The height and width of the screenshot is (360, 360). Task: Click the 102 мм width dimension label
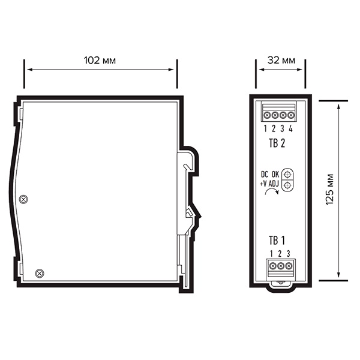click(x=100, y=61)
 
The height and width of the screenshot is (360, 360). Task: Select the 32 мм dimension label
click(x=281, y=61)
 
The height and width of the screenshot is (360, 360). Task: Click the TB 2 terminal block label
click(x=277, y=143)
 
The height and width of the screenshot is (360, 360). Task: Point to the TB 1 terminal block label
click(x=277, y=241)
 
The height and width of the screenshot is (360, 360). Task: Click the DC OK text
click(x=270, y=175)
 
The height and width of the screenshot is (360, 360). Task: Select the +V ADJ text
click(x=269, y=184)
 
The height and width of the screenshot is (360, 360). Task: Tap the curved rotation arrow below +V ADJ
click(x=272, y=191)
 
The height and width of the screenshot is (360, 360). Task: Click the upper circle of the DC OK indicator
click(x=287, y=175)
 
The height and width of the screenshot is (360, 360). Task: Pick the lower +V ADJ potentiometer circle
click(x=287, y=185)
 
